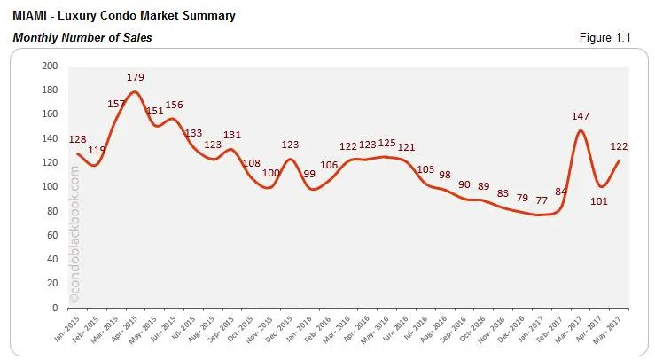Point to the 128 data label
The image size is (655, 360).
point(79,138)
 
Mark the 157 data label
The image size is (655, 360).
point(115,103)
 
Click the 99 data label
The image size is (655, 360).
point(309,174)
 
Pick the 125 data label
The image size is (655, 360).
point(386,143)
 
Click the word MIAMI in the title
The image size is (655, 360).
point(29,16)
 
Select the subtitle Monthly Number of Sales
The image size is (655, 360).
point(82,37)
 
